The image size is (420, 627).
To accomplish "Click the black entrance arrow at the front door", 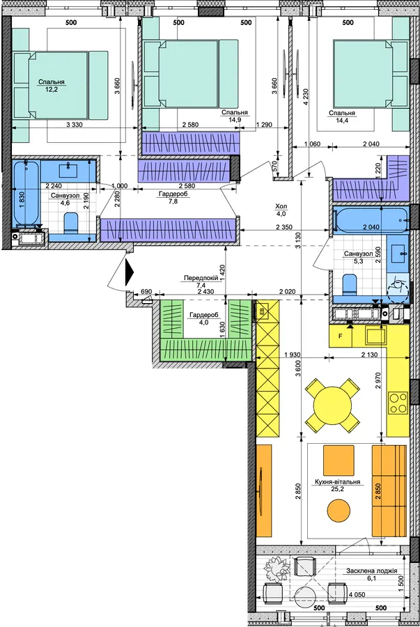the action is (x=129, y=272).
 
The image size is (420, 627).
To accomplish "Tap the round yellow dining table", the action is (x=332, y=405).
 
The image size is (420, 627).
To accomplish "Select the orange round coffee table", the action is (x=339, y=511).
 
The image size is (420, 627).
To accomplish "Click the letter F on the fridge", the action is (x=341, y=336).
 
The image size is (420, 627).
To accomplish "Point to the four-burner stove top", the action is (x=398, y=403).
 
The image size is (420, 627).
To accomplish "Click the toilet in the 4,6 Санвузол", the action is (x=71, y=223).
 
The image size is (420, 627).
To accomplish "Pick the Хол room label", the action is (x=281, y=206).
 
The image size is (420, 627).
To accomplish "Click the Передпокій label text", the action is (x=201, y=278).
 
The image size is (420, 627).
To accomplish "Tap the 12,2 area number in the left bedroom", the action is (x=52, y=89).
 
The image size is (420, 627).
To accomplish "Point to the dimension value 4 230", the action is (x=306, y=96).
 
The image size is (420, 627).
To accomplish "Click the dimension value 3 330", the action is (x=75, y=125).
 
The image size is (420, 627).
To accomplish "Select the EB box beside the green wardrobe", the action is (x=262, y=311).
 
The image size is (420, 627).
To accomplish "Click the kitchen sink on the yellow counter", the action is (x=376, y=336).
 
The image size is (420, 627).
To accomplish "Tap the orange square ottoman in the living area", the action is (x=339, y=460).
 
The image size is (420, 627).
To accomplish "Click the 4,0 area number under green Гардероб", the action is (x=204, y=323).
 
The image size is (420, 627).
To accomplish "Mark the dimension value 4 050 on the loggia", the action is (x=357, y=595).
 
